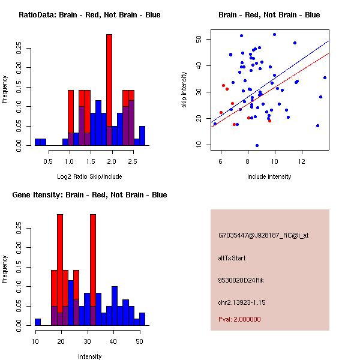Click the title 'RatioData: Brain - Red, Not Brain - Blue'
(x=89, y=15)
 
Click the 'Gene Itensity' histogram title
(x=89, y=195)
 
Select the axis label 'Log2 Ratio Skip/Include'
(x=89, y=176)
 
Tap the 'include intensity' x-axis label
(x=269, y=176)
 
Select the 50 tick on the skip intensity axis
(x=199, y=39)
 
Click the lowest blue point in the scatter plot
(x=257, y=145)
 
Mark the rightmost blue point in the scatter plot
(x=325, y=77)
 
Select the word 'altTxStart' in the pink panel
(x=232, y=258)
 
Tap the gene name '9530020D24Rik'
(x=239, y=280)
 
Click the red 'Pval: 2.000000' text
(x=239, y=319)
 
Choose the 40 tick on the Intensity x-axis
(x=112, y=341)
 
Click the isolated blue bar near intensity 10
(x=38, y=322)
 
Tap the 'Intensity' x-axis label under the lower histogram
(x=90, y=356)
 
